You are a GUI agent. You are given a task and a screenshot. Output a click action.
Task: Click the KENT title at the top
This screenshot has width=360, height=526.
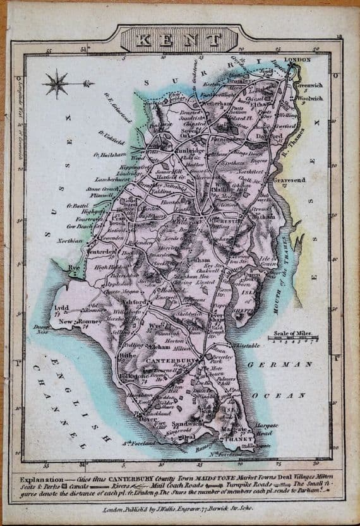pyautogui.click(x=181, y=40)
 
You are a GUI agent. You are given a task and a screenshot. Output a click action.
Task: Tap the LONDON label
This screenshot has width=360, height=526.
pyautogui.click(x=299, y=61)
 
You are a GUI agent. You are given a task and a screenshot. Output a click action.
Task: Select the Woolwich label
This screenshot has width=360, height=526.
pyautogui.click(x=310, y=99)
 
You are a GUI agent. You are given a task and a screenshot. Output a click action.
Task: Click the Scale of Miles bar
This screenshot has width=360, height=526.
pyautogui.click(x=291, y=340)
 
